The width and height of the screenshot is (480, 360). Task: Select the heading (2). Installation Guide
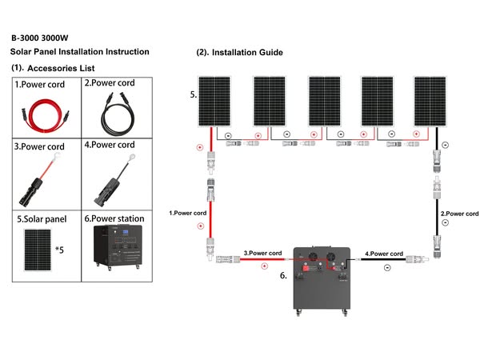[239, 53]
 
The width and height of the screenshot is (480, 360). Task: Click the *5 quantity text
[59, 250]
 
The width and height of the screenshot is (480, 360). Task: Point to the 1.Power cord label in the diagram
[189, 214]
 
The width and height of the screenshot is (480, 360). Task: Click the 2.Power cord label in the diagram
[459, 214]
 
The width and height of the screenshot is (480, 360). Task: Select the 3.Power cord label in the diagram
[263, 253]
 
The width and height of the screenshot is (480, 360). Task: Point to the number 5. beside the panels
[193, 94]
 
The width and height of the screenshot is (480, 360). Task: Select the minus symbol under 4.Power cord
[386, 268]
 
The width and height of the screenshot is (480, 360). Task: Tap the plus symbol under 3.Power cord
[264, 266]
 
